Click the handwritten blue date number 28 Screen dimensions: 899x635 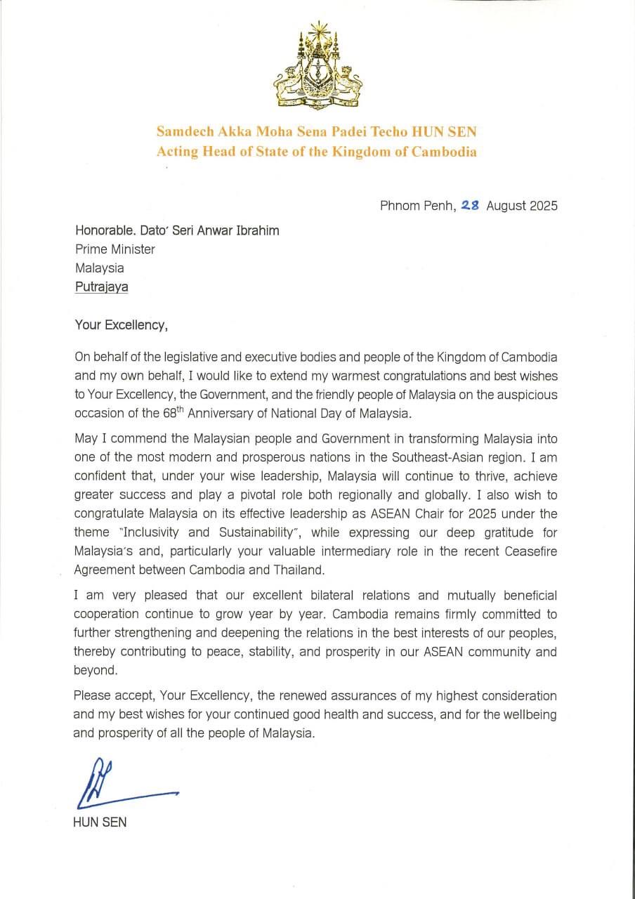coord(470,206)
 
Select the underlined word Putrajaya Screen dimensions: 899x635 coord(102,287)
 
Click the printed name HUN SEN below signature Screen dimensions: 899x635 coord(100,822)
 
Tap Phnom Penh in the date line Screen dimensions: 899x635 coord(418,206)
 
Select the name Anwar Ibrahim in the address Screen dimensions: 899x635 coord(243,230)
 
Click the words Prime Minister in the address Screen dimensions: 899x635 coord(114,249)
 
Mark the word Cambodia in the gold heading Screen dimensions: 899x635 coord(446,152)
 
